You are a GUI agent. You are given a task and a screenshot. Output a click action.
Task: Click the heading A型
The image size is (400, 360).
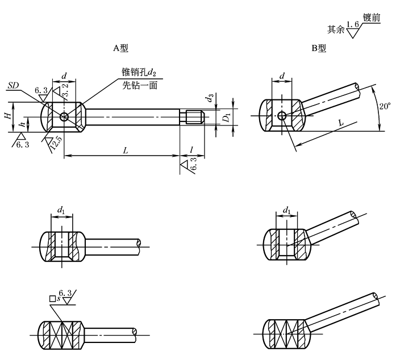point(120,48)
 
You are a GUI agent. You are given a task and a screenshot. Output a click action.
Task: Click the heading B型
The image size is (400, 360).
point(319,48)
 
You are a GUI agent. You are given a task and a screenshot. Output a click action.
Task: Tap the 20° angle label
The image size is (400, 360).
point(385,106)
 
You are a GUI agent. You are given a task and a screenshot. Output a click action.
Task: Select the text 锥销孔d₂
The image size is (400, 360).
point(139,73)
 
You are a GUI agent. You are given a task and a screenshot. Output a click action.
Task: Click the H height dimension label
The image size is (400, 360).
point(7,116)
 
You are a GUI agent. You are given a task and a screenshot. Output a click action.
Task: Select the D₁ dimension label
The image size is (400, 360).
point(227,118)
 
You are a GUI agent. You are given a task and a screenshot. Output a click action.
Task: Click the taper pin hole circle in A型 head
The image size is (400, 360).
point(64,117)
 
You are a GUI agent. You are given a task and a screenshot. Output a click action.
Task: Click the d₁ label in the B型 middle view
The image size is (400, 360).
point(287,211)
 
